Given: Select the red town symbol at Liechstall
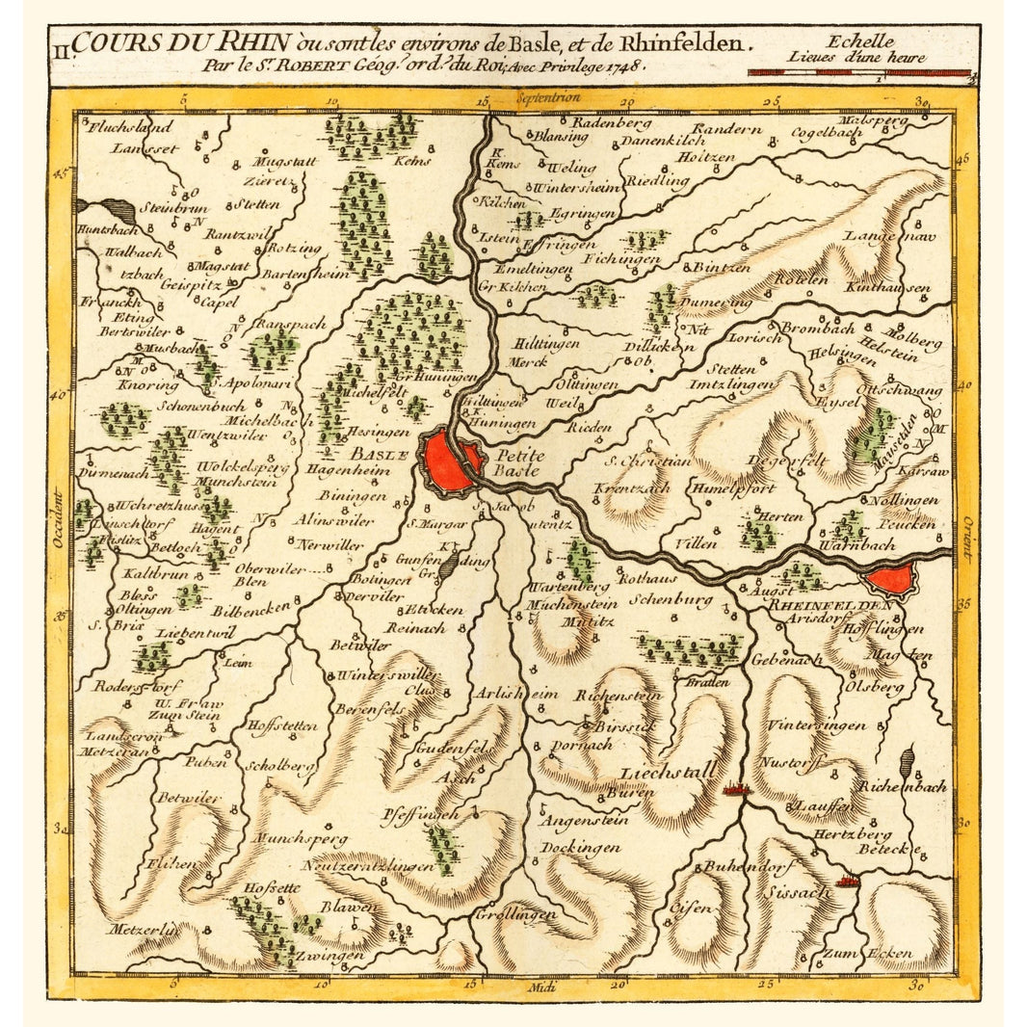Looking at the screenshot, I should pos(735,790).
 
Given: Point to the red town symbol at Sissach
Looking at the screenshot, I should pos(849,880).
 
